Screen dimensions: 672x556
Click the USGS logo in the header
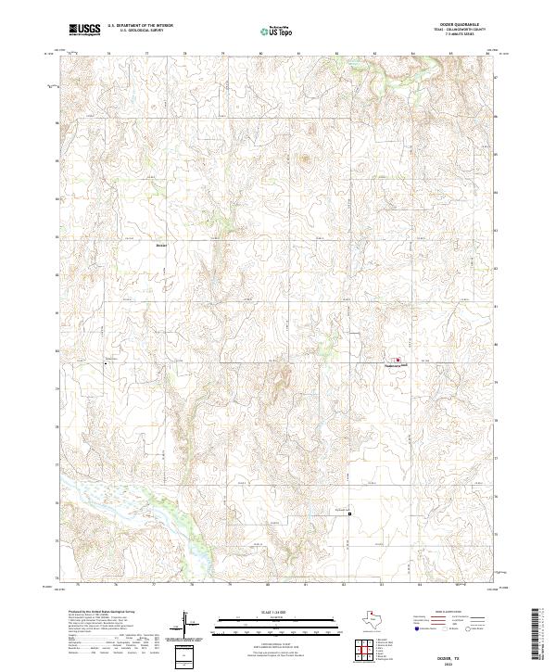84,30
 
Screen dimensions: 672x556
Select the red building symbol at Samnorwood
398,360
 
